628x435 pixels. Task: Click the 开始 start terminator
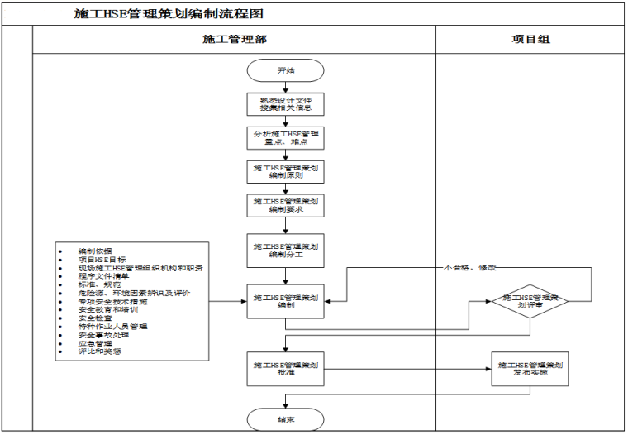(285, 71)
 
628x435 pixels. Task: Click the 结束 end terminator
(285, 419)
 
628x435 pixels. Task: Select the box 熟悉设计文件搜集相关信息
(285, 104)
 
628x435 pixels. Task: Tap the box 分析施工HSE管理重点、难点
(285, 138)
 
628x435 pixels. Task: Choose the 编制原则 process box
(285, 172)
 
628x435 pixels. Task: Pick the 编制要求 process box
(285, 206)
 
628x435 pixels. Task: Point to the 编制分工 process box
(285, 251)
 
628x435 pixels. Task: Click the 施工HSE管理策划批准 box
(285, 368)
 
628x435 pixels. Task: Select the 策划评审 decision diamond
(530, 301)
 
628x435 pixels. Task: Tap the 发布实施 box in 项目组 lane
(530, 368)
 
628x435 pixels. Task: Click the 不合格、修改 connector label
(470, 268)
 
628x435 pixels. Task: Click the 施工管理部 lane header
(234, 40)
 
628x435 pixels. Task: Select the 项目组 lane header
(530, 40)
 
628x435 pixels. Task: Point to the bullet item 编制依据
(95, 251)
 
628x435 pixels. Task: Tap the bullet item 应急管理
(95, 343)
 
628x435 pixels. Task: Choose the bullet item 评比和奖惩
(99, 351)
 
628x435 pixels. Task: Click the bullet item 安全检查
(95, 318)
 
